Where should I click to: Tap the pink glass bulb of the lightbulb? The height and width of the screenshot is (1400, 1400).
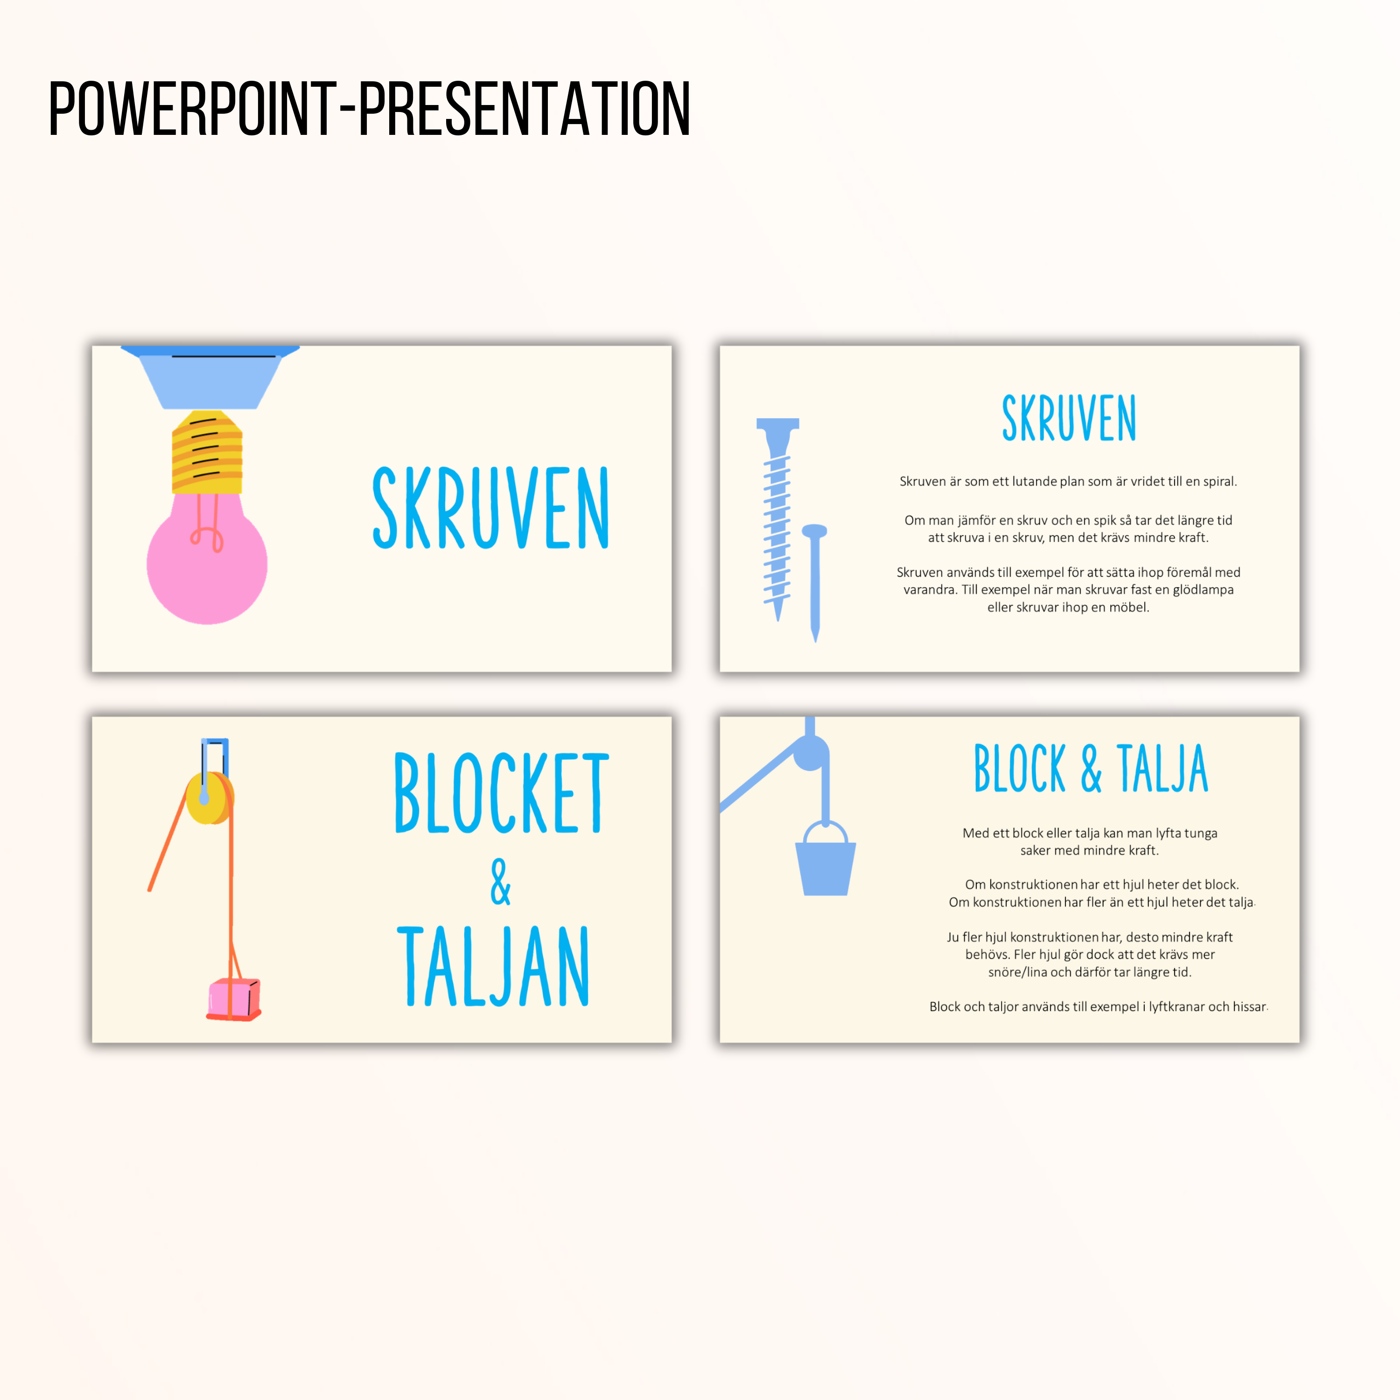click(x=207, y=561)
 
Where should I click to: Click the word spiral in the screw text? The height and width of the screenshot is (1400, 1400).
click(x=1219, y=482)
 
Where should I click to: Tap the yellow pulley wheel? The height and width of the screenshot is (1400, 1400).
click(x=210, y=797)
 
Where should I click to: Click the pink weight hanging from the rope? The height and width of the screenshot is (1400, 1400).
click(x=234, y=999)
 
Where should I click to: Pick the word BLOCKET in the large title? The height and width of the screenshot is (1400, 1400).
click(x=502, y=793)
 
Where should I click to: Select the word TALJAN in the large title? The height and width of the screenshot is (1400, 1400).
click(x=493, y=966)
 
